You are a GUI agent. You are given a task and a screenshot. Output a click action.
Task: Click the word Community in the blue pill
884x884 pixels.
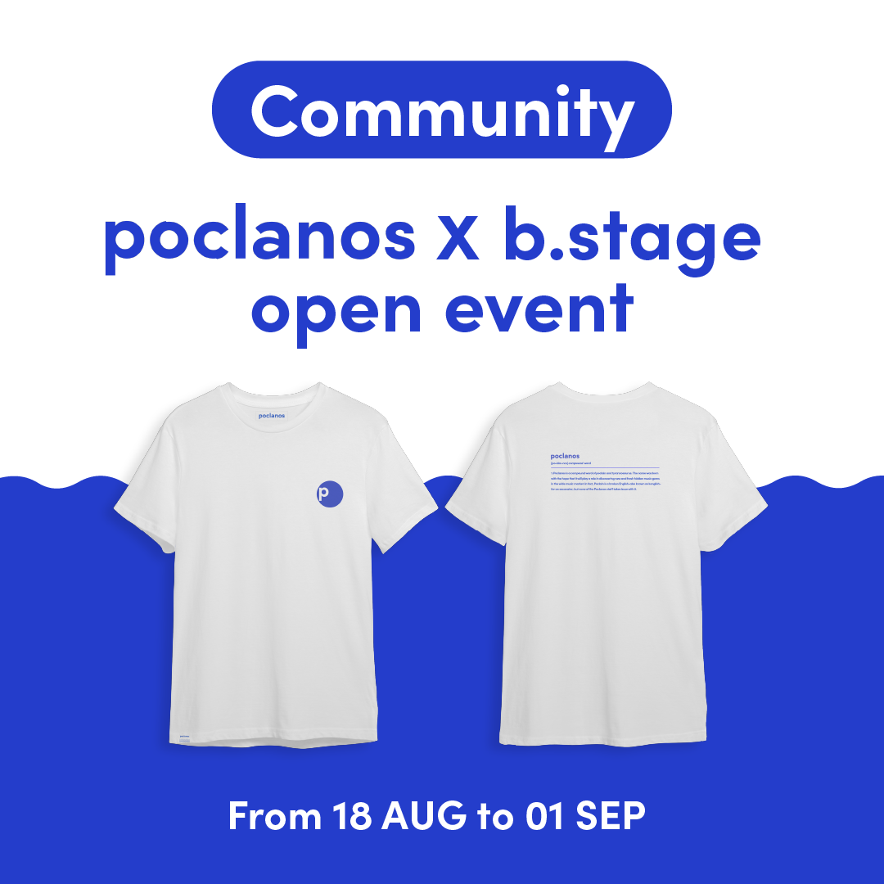pos(442,110)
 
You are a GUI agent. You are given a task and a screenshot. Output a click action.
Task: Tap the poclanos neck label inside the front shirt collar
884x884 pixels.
pos(271,415)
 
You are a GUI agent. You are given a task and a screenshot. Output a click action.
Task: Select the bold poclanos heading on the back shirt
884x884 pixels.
pos(566,455)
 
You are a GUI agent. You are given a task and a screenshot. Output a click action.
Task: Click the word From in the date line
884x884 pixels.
pos(274,816)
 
